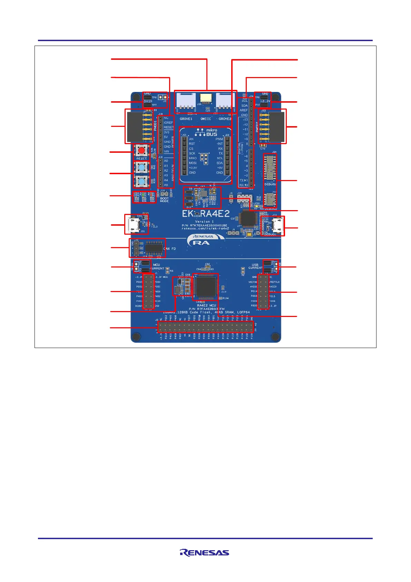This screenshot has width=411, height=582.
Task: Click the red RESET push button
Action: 141,151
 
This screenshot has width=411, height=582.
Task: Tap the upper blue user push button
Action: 141,168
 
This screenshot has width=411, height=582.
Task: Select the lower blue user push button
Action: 141,181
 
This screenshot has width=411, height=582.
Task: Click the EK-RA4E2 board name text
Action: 206,214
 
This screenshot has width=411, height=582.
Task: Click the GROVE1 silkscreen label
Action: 186,119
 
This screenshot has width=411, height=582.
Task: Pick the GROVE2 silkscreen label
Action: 225,119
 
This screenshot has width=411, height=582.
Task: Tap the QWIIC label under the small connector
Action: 206,119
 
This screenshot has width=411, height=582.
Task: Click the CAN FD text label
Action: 169,249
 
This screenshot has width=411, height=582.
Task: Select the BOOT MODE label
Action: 164,200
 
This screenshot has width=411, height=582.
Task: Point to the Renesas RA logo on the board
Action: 202,240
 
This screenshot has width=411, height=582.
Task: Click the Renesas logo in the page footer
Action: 204,553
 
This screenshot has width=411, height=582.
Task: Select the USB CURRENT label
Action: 255,266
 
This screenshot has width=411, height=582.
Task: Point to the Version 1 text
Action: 204,222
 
